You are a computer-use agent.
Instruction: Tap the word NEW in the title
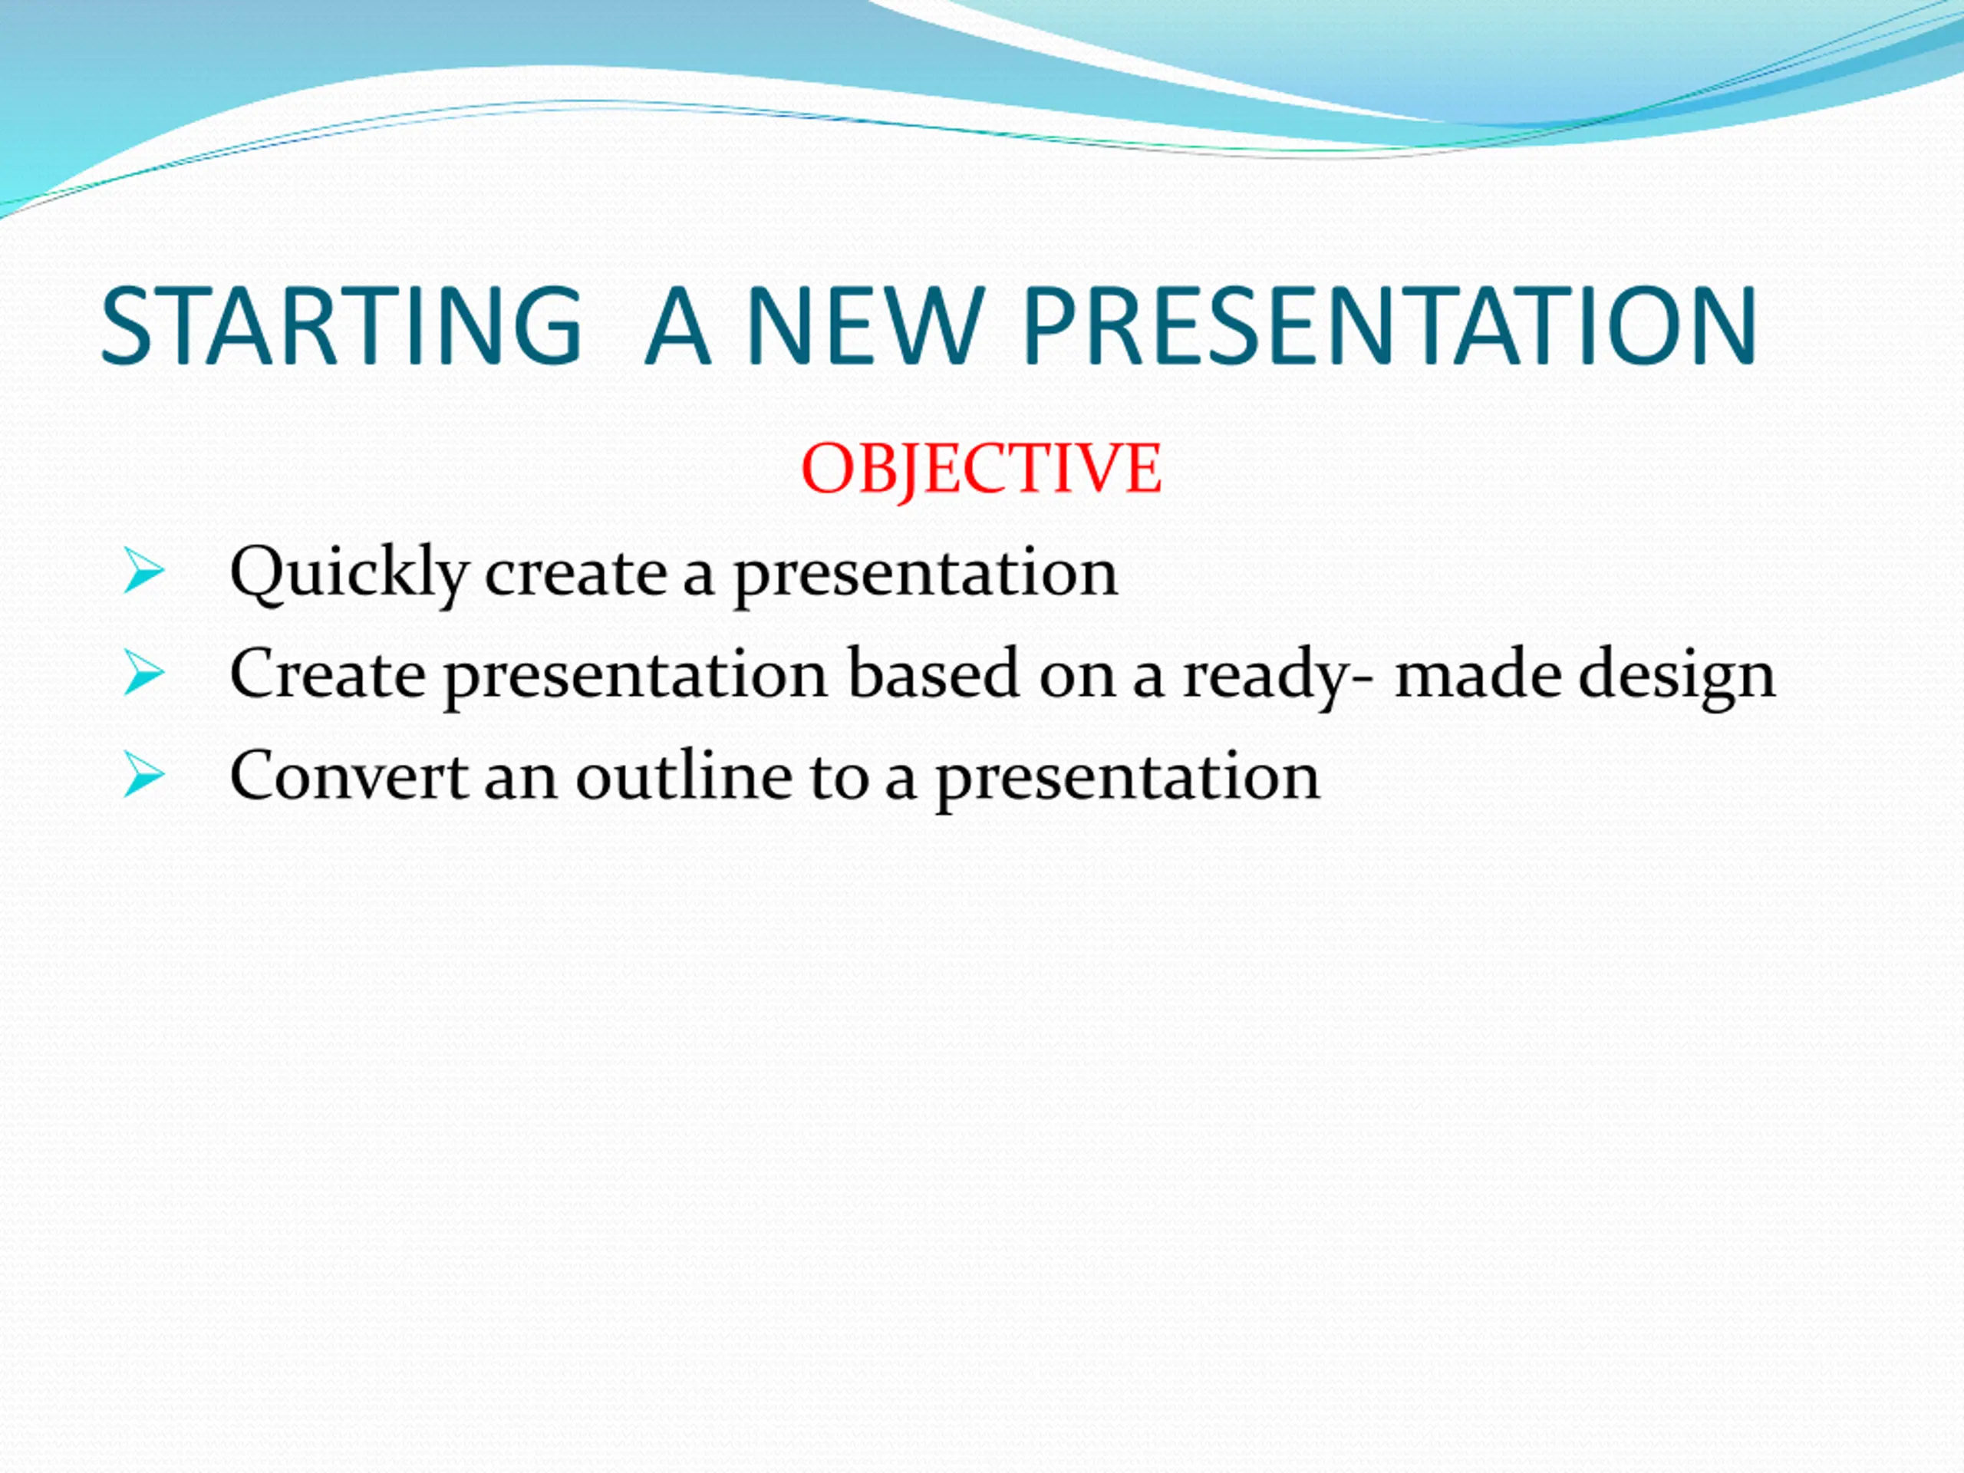point(865,325)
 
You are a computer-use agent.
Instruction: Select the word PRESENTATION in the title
point(1390,325)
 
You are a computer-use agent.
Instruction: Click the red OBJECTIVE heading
point(981,470)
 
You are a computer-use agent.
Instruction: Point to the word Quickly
point(349,574)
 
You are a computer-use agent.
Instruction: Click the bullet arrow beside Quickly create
point(143,570)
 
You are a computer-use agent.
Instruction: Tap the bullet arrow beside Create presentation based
point(143,672)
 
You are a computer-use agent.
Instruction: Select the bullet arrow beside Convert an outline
point(143,774)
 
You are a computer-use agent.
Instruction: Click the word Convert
point(349,775)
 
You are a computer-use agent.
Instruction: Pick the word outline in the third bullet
point(684,775)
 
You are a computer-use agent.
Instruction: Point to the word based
point(933,673)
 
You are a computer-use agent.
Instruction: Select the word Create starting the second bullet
point(328,673)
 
